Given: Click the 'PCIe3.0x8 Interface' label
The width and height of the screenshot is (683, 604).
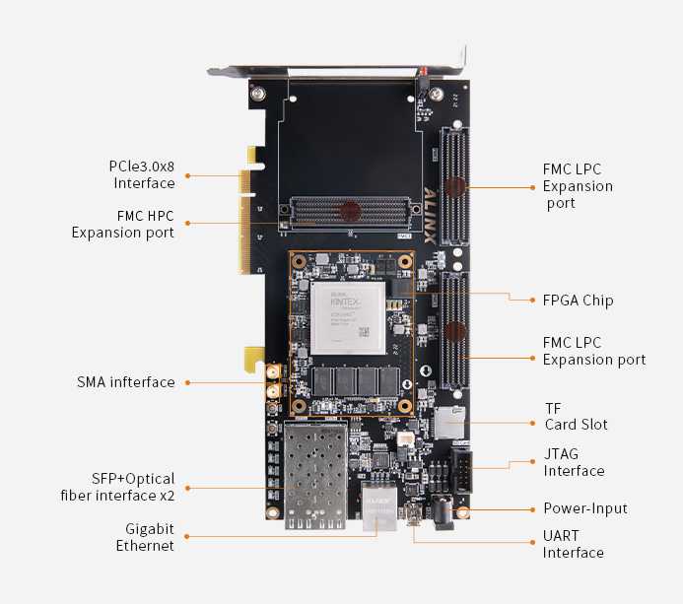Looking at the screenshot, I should point(143,174).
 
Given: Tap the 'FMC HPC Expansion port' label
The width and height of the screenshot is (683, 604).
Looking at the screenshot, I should point(122,224).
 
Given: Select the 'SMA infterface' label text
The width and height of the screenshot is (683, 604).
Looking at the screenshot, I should point(125,382).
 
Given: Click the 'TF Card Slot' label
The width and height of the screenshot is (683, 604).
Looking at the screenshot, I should point(576,416).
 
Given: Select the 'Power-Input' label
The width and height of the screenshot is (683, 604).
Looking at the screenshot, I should point(585,508).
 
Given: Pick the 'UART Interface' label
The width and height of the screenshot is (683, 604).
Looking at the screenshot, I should point(573,544).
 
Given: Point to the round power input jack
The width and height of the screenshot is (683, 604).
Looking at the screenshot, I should point(444,512).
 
